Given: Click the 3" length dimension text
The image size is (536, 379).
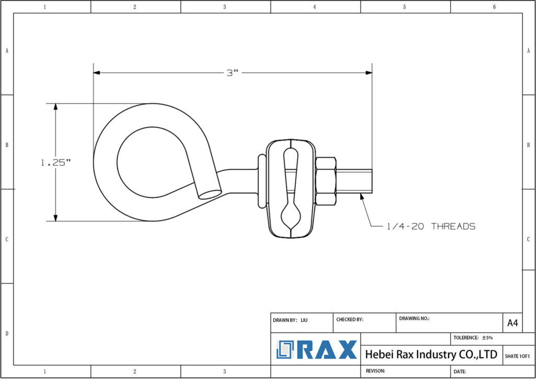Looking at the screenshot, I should (x=232, y=73).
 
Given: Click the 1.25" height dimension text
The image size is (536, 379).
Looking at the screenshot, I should (x=55, y=163).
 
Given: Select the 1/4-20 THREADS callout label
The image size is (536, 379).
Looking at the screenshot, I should (x=431, y=226).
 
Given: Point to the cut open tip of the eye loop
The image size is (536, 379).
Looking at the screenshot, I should (x=210, y=193).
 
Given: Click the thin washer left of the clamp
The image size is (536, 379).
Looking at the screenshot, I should (x=260, y=181).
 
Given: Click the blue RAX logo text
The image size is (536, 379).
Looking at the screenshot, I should (x=327, y=350).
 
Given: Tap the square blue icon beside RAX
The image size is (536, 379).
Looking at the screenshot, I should (x=286, y=350).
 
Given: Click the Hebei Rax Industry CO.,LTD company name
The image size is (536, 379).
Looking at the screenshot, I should (x=431, y=354).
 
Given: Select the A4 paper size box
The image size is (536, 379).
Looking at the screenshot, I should (x=512, y=324).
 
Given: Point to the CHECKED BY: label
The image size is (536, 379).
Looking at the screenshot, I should (x=350, y=319).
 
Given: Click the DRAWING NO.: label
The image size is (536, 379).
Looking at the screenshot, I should (x=414, y=318).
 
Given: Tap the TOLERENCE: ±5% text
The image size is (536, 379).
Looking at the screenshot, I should (x=473, y=338).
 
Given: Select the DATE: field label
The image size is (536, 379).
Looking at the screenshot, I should (x=460, y=371).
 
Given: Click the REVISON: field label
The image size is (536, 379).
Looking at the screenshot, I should (x=375, y=371).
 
